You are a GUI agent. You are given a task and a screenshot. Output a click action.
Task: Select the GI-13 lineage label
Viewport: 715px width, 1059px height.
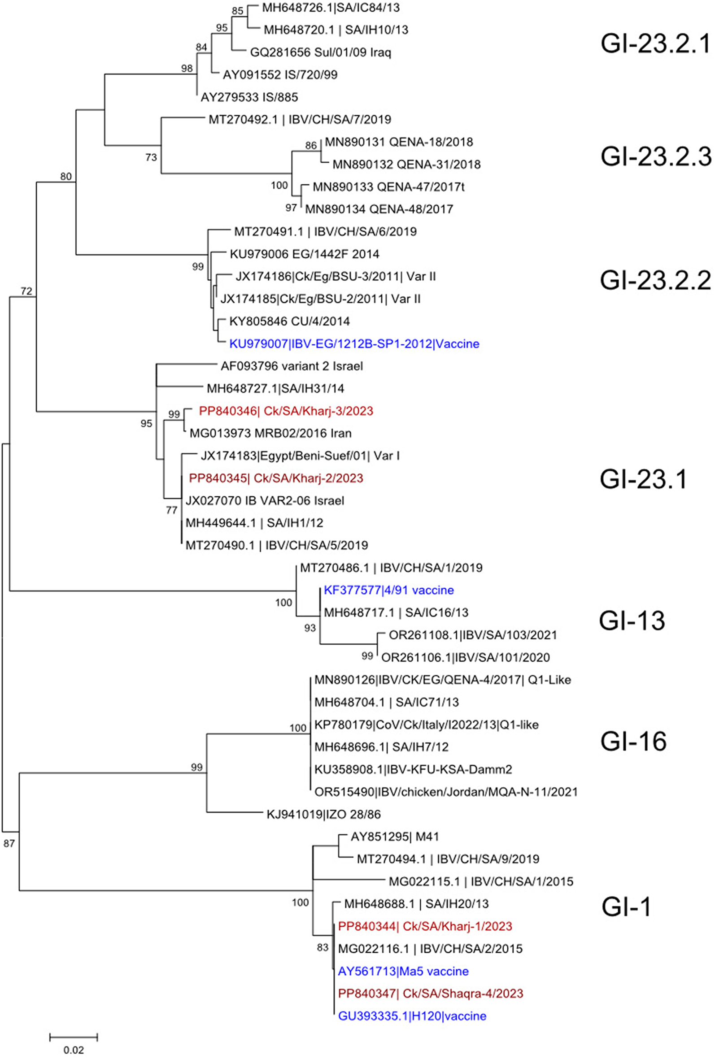pos(632,621)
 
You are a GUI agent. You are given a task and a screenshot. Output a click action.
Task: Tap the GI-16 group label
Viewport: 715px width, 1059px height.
pos(633,742)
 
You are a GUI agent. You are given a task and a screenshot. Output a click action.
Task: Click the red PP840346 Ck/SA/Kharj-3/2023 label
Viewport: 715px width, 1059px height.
pos(286,411)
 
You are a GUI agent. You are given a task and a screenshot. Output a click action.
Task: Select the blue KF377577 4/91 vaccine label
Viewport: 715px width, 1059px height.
pos(388,590)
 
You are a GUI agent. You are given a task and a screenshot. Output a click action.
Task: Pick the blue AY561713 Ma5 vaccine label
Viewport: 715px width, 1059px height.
pos(403,971)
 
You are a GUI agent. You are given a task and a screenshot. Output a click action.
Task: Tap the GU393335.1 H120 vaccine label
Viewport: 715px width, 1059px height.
pos(412,1016)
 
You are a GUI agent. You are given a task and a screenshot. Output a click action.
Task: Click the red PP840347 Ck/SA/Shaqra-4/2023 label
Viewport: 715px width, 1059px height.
pos(430,994)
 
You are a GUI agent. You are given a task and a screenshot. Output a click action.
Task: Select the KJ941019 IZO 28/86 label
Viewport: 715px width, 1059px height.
pos(323,814)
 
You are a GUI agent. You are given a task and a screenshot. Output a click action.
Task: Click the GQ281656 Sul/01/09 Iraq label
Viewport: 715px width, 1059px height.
pos(321,52)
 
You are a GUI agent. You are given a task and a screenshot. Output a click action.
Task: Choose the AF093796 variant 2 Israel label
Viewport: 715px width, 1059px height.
pos(292,366)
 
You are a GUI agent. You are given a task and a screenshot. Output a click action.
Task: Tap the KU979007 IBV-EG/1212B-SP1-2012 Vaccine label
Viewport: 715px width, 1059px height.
pos(354,343)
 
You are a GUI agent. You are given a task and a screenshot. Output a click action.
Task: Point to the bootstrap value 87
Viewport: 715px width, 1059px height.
pos(9,843)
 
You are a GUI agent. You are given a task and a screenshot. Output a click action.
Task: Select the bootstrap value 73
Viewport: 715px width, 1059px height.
pos(151,158)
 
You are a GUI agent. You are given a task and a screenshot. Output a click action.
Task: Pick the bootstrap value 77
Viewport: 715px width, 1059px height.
pos(171,510)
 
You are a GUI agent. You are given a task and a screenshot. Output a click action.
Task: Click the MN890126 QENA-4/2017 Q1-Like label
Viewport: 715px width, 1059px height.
pos(442,680)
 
